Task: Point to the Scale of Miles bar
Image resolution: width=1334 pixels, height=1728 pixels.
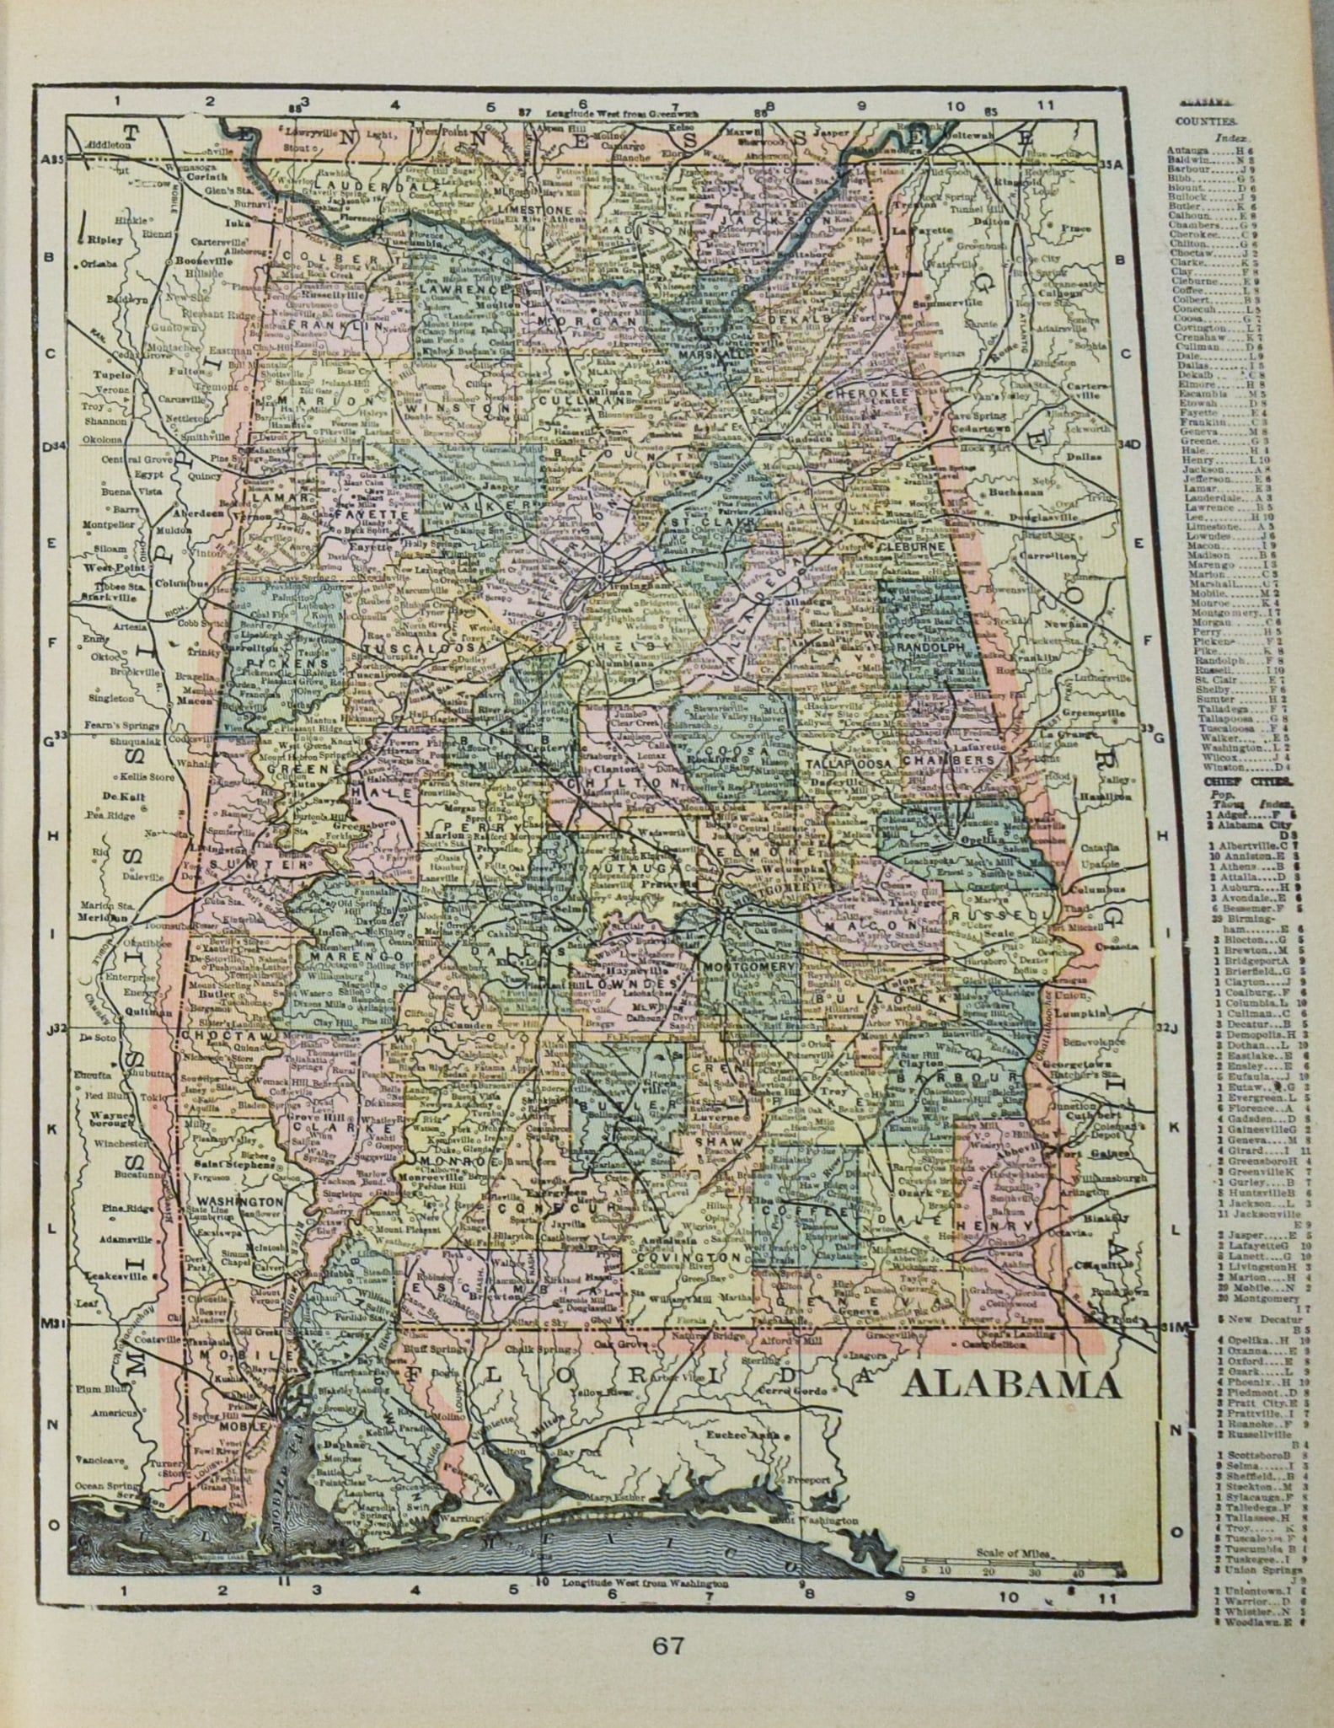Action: pyautogui.click(x=1011, y=1570)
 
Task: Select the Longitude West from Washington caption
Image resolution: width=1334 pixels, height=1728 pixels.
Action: pyautogui.click(x=649, y=1583)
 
